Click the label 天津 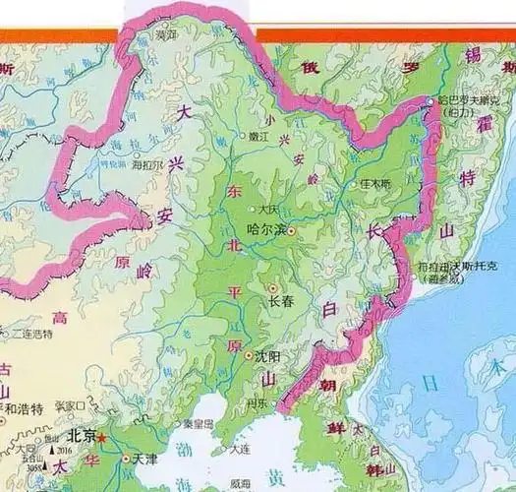pyautogui.click(x=143, y=459)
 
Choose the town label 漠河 pyautogui.click(x=167, y=34)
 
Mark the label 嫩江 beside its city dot pyautogui.click(x=258, y=138)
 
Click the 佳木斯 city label pyautogui.click(x=374, y=184)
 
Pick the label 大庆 pyautogui.click(x=269, y=210)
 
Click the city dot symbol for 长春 pyautogui.click(x=272, y=287)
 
